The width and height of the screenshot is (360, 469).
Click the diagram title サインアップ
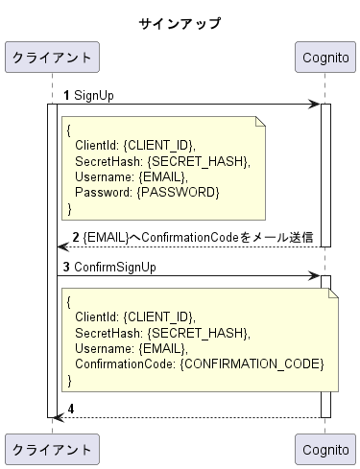(179, 23)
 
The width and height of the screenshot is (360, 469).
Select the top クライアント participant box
(52, 58)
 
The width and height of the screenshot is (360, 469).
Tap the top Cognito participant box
(324, 58)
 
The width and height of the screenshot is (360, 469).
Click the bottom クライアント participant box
(52, 448)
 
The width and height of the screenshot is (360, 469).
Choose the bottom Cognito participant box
(324, 448)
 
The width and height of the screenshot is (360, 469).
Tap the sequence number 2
(76, 237)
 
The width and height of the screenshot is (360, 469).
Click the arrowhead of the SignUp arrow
(315, 104)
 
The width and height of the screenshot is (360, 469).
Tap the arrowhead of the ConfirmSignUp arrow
(315, 275)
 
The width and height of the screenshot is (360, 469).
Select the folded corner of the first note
(260, 122)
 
